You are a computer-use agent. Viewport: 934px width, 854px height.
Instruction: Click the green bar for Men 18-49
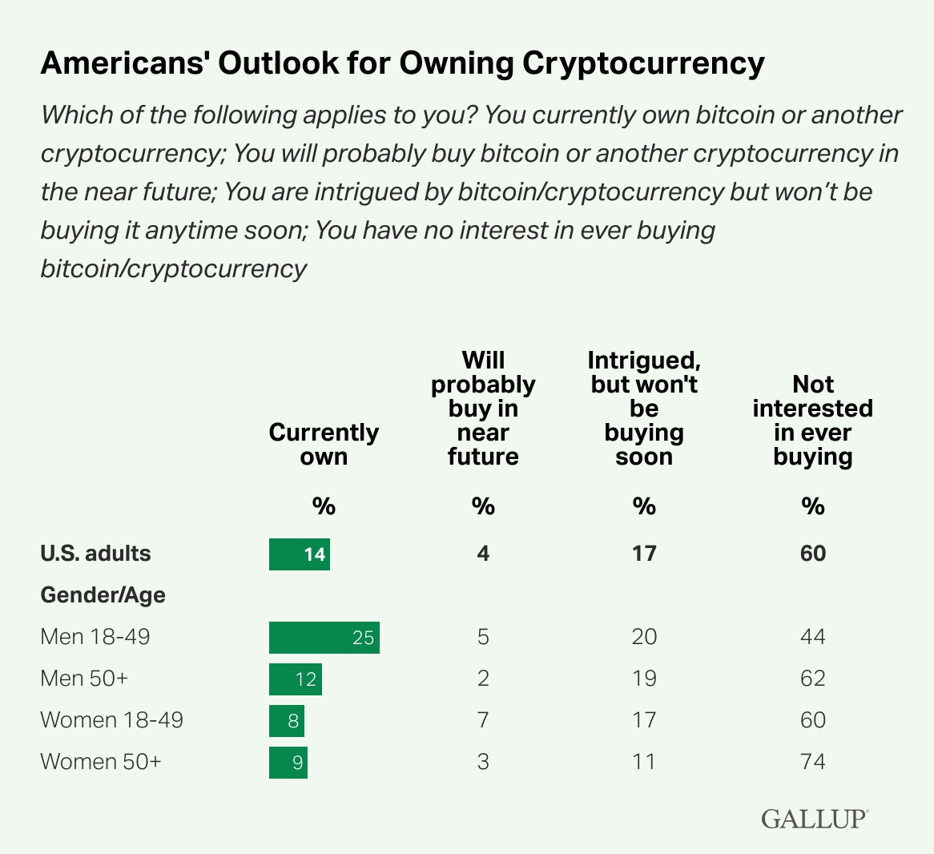click(x=324, y=638)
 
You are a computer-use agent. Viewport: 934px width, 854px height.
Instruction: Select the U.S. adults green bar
click(x=299, y=554)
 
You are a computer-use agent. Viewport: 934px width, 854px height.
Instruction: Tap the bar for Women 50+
click(x=288, y=762)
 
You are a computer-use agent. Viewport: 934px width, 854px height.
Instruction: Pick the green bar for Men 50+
click(x=295, y=679)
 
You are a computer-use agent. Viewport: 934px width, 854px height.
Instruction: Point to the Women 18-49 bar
click(x=286, y=721)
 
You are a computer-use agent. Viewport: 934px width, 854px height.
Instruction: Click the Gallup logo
click(x=813, y=819)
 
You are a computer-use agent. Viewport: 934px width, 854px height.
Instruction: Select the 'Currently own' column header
click(x=324, y=445)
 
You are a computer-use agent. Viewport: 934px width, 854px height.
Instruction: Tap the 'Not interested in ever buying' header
click(x=812, y=421)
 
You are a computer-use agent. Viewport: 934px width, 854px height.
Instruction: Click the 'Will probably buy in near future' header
click(x=483, y=409)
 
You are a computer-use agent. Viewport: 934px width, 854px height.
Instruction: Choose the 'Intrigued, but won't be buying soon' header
click(x=644, y=409)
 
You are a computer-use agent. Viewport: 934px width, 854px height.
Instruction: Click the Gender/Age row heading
click(x=103, y=595)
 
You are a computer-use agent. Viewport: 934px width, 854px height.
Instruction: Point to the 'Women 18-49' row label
click(x=111, y=720)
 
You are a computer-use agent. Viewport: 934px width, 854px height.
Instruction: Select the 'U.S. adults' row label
click(x=95, y=554)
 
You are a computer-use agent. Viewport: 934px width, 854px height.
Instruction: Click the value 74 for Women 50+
click(x=812, y=762)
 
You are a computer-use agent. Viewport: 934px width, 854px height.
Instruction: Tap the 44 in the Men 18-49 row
click(x=812, y=638)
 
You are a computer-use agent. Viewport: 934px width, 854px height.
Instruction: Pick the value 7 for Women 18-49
click(x=483, y=720)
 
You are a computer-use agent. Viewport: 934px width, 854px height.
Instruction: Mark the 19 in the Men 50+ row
click(x=644, y=679)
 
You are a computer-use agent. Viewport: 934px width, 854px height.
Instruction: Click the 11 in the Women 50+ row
click(x=644, y=762)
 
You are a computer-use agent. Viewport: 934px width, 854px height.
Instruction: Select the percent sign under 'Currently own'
click(x=324, y=507)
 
